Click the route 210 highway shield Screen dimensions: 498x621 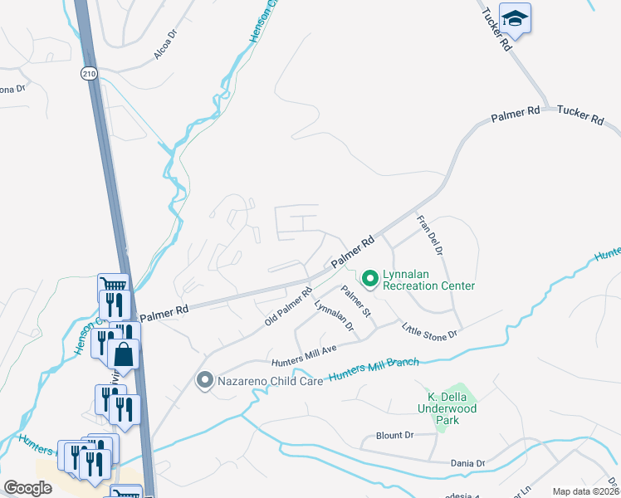click(90, 74)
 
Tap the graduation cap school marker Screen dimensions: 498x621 click(515, 19)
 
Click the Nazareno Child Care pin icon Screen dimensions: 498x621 click(204, 381)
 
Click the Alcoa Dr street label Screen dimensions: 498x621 click(166, 46)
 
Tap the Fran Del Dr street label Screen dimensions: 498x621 click(431, 235)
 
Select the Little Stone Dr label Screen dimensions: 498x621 click(430, 330)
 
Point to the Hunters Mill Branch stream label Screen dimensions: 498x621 click(373, 369)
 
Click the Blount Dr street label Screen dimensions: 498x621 click(394, 435)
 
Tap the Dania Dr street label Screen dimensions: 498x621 click(468, 463)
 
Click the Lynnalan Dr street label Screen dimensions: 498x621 click(335, 316)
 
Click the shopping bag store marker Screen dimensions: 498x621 click(124, 354)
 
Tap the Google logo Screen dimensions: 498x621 click(27, 487)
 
